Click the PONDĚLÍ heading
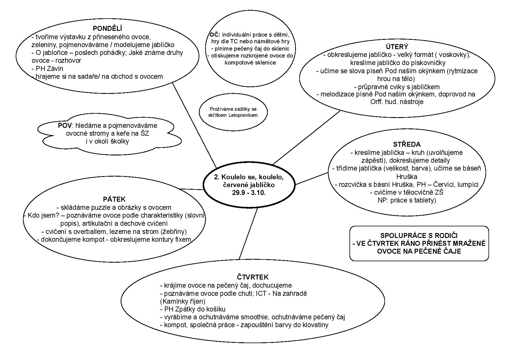(x=107, y=28)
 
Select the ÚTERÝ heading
(x=397, y=47)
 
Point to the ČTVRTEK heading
(x=253, y=277)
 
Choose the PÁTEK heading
(x=114, y=199)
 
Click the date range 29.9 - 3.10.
(x=249, y=193)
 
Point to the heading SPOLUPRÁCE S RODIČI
(x=419, y=236)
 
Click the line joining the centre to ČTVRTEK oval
(x=248, y=234)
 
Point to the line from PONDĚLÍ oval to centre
(x=194, y=125)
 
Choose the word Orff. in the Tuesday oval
(x=377, y=102)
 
